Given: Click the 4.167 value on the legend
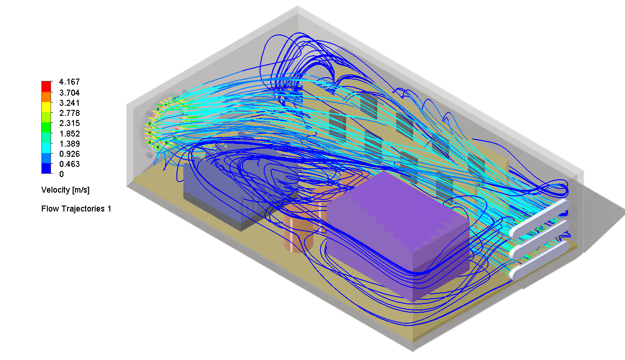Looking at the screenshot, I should point(69,82).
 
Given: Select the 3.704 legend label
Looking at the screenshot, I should point(69,92).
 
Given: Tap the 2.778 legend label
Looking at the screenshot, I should point(69,113).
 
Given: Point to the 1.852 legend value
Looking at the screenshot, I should point(69,134).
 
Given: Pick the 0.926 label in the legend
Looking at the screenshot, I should point(69,154).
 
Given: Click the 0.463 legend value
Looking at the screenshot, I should point(69,164).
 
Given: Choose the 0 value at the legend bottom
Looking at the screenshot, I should point(62,174).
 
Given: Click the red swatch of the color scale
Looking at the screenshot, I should point(46,86).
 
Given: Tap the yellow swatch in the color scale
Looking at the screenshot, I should point(46,107).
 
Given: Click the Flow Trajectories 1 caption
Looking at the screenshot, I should point(76,209).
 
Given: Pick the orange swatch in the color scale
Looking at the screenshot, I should point(46,97).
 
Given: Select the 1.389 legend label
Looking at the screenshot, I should point(69,144).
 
